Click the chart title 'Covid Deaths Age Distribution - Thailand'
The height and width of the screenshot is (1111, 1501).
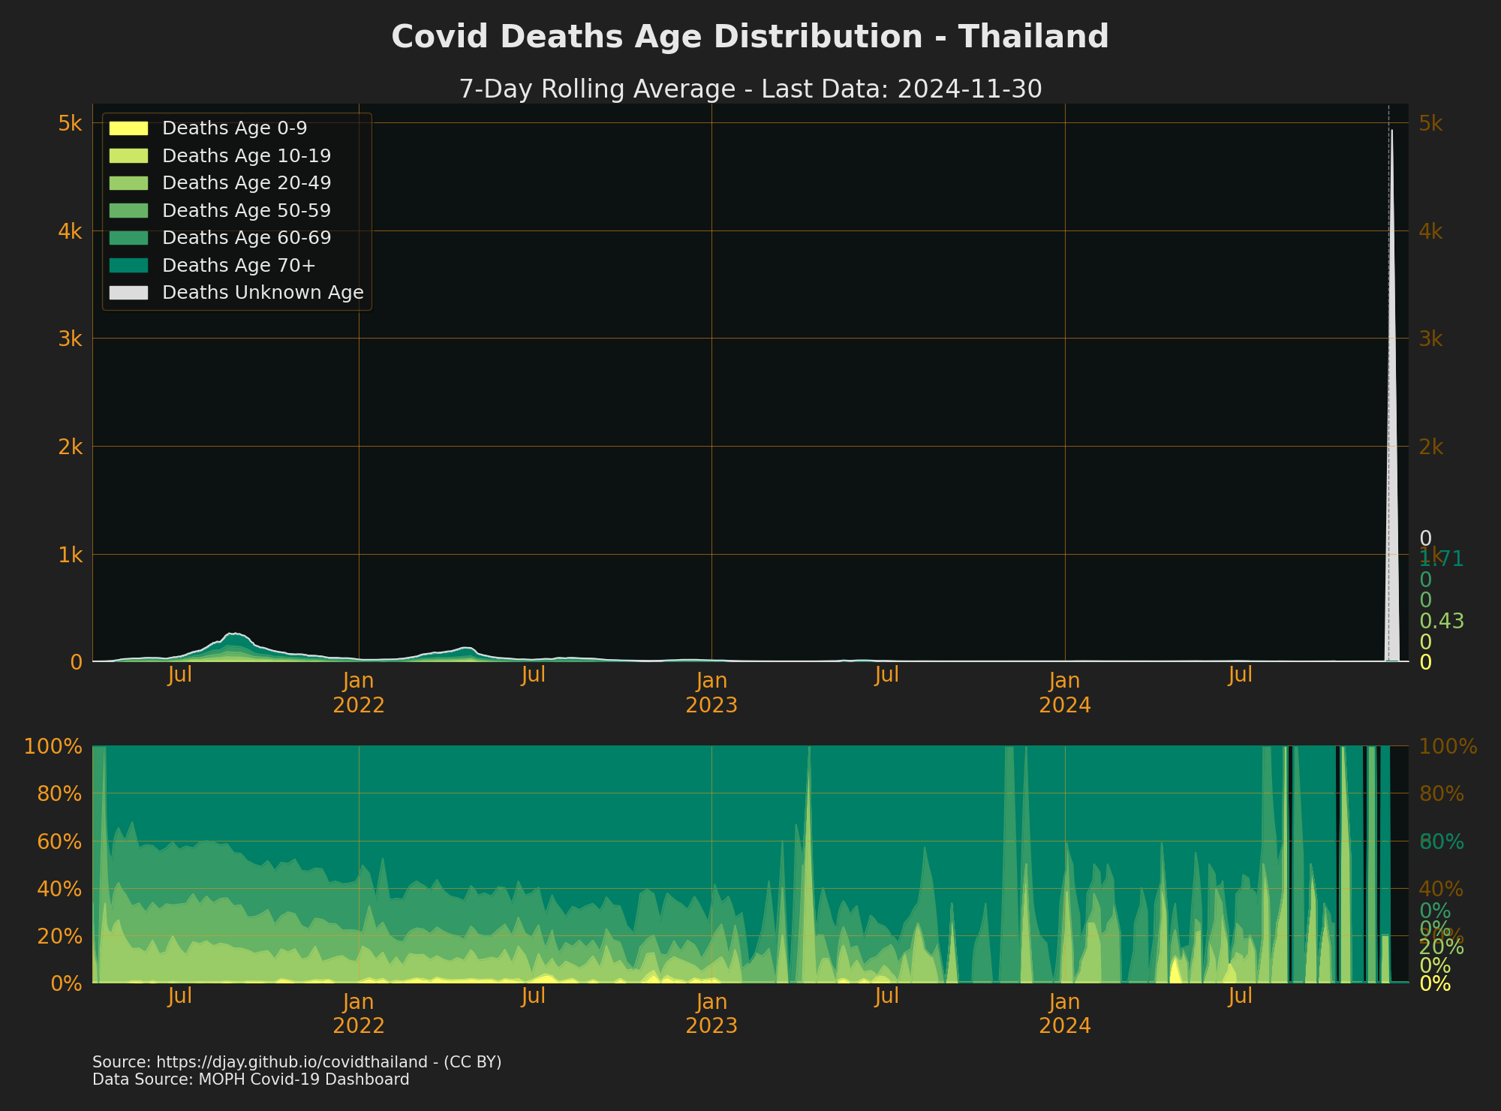point(750,37)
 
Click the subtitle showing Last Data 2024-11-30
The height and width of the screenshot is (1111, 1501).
point(750,89)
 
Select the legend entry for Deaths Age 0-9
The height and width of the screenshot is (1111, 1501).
point(234,128)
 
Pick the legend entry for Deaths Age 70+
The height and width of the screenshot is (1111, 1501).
point(239,266)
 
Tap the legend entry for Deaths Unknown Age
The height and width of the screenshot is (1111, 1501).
point(262,293)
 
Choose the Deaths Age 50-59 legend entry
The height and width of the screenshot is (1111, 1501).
point(246,211)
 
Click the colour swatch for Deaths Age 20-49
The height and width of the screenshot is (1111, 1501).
point(128,183)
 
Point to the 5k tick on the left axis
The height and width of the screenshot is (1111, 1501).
point(70,123)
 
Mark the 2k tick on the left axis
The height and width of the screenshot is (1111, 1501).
point(70,447)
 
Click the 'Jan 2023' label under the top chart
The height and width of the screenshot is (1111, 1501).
point(711,693)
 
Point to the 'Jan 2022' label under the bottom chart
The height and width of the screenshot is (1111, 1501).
point(359,1013)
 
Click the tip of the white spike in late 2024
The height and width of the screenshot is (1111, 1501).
point(1391,131)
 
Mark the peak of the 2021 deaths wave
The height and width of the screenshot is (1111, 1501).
point(234,634)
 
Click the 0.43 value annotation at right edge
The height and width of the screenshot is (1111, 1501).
point(1442,622)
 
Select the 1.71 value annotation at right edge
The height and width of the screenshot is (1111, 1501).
point(1442,559)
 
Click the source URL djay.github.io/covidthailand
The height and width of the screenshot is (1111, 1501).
point(296,1062)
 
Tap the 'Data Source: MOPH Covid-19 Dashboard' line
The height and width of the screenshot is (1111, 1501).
point(251,1080)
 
